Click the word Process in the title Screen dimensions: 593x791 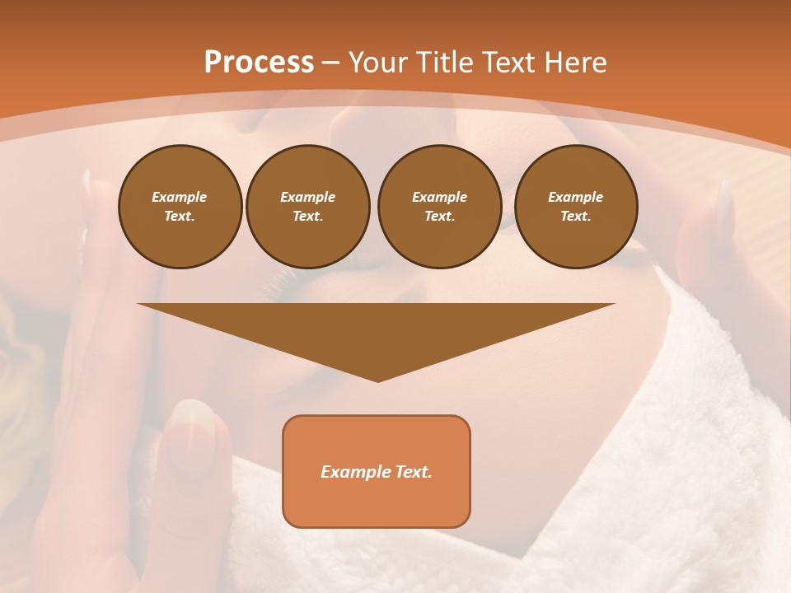pyautogui.click(x=259, y=63)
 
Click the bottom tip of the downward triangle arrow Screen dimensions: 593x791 pyautogui.click(x=377, y=380)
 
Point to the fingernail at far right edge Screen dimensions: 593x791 pyautogui.click(x=724, y=206)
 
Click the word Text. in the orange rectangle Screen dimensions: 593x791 pyautogui.click(x=414, y=472)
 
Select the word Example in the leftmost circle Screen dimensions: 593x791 pyautogui.click(x=180, y=197)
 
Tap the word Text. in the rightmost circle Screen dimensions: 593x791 pyautogui.click(x=575, y=216)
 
